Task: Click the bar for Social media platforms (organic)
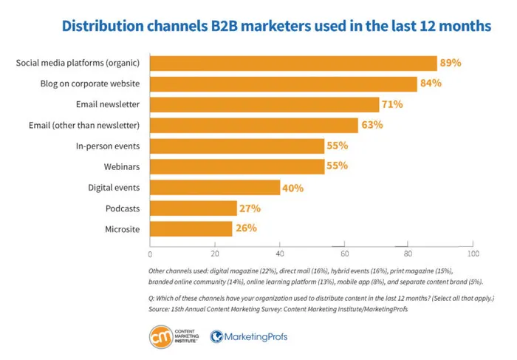(x=293, y=63)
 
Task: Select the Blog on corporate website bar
(x=284, y=84)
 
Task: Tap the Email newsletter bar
(x=264, y=104)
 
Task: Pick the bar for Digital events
(x=215, y=188)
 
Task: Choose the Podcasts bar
(x=194, y=208)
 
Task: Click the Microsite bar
(x=191, y=228)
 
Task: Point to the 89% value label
(x=451, y=63)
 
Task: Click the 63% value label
(x=372, y=125)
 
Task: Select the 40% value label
(x=293, y=188)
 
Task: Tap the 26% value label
(x=246, y=228)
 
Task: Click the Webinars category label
(x=121, y=167)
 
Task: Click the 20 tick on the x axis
(x=214, y=254)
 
